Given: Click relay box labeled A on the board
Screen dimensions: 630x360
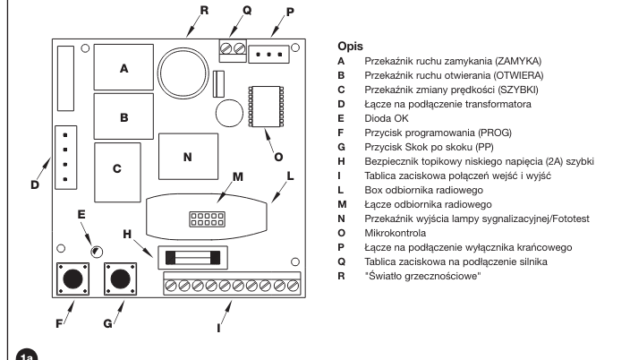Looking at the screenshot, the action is [x=123, y=67].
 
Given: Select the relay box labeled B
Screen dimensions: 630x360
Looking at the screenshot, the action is [x=123, y=116].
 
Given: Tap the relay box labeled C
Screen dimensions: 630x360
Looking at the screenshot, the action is [x=117, y=172].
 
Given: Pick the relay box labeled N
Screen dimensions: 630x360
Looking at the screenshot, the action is [x=189, y=157].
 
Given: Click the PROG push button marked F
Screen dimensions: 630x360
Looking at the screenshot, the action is [x=72, y=279].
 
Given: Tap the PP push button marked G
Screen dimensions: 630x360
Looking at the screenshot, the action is [x=120, y=279].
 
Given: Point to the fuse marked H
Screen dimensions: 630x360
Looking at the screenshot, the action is [x=193, y=258].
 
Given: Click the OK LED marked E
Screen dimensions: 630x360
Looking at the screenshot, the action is [x=97, y=252].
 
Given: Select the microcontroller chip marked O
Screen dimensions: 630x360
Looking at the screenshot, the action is [x=266, y=107].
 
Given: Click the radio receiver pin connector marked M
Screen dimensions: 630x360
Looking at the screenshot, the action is [x=207, y=219].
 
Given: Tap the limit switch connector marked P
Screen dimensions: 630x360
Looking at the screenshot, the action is [x=268, y=55].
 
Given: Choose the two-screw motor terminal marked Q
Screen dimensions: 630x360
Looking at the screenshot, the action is [x=233, y=51].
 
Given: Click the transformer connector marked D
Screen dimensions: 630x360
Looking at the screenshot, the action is [x=66, y=158].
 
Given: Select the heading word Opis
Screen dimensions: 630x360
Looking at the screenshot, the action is [x=351, y=47].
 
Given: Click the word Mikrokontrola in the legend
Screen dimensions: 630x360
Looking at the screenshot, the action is [x=395, y=233].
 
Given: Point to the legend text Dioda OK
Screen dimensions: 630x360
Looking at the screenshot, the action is [x=386, y=118].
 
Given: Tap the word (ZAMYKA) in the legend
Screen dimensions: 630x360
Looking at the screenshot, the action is [x=518, y=61].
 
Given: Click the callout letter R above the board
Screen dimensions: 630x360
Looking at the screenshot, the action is [x=204, y=10].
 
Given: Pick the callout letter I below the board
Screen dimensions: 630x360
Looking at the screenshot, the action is [x=218, y=329].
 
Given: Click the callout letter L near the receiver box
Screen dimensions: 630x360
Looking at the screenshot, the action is [x=290, y=176].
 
